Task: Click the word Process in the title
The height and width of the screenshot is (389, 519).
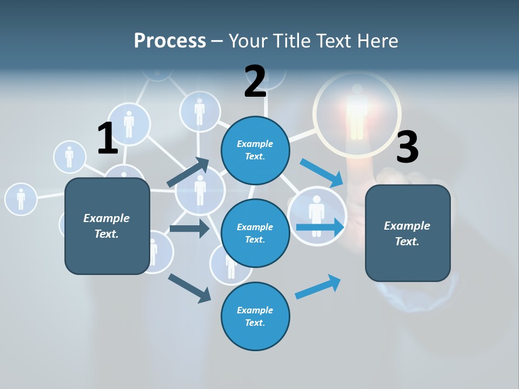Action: tap(170, 41)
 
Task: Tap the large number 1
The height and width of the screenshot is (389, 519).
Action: tap(108, 138)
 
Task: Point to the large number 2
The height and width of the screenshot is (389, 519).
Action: tap(255, 82)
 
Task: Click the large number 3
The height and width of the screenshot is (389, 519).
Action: tap(407, 147)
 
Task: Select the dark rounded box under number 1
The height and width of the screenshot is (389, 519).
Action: tap(107, 226)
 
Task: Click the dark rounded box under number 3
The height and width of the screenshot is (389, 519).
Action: tap(408, 233)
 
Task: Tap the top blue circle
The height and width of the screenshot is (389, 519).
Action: tap(255, 150)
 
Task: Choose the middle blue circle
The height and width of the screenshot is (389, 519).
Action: tap(255, 233)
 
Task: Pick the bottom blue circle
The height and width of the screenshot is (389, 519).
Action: tap(255, 316)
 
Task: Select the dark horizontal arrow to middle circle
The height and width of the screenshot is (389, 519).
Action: tap(189, 229)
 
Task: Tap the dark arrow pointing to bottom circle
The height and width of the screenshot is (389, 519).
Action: tap(189, 288)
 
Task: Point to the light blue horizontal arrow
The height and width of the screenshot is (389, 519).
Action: tap(320, 227)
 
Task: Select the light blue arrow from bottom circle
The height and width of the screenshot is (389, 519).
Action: tap(318, 286)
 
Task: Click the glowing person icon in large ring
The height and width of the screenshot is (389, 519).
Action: tap(357, 111)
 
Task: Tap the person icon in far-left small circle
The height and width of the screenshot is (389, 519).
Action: tap(21, 199)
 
